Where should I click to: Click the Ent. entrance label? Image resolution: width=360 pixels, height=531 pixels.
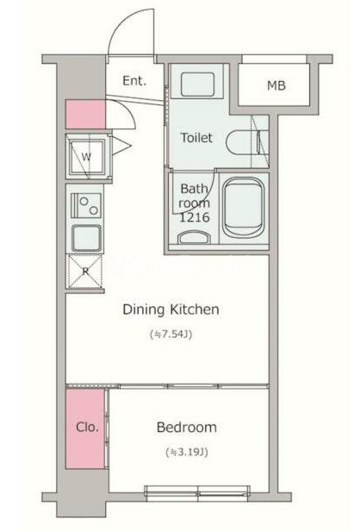(x=134, y=81)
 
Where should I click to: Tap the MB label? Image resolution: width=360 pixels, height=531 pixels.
(x=276, y=85)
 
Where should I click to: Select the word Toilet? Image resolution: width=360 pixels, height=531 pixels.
(x=196, y=138)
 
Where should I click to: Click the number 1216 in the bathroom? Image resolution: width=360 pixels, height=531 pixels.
(x=195, y=217)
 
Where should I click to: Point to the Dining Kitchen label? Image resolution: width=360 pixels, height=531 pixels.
(x=171, y=309)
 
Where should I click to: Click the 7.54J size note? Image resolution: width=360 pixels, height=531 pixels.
(x=171, y=334)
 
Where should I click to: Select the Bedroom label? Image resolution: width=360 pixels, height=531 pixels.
(x=186, y=427)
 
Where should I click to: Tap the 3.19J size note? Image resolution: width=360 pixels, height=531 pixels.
(x=186, y=452)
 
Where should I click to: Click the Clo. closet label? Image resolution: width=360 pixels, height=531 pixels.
(x=87, y=427)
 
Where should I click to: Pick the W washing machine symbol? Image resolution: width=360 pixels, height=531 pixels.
(x=87, y=157)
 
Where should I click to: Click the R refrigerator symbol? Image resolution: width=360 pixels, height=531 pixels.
(x=85, y=271)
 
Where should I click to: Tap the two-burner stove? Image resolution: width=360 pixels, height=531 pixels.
(x=86, y=205)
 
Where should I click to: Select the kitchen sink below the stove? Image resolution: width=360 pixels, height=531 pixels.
(x=86, y=238)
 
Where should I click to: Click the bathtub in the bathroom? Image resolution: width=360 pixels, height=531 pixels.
(x=244, y=208)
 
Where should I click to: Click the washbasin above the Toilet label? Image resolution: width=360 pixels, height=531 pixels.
(x=197, y=84)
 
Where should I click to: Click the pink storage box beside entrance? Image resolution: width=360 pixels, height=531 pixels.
(x=85, y=114)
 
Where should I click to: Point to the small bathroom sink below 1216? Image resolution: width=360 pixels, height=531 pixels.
(x=193, y=237)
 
